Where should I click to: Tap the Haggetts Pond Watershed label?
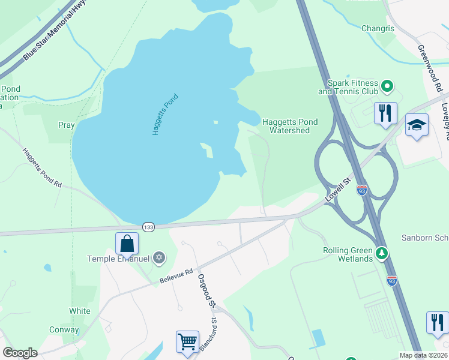click(290, 126)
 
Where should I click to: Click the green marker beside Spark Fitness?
click(388, 87)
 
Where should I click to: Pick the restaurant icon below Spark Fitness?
click(385, 113)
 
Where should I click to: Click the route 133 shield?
click(148, 227)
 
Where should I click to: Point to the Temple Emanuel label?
click(118, 259)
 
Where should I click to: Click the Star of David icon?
click(159, 258)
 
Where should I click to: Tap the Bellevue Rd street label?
click(176, 276)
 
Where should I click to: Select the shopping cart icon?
click(187, 341)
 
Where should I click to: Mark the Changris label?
click(378, 28)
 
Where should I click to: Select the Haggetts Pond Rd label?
click(42, 168)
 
